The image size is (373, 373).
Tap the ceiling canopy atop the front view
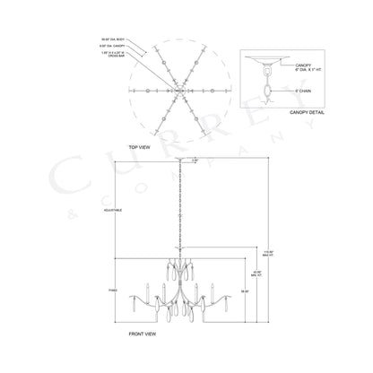click(178, 159)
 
